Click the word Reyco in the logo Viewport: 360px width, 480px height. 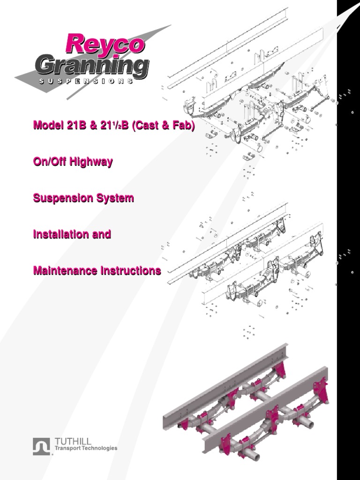point(105,44)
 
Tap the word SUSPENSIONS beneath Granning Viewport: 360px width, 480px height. point(86,81)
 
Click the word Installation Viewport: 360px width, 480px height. point(61,234)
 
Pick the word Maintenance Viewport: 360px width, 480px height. point(63,270)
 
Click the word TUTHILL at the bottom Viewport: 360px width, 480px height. point(73,442)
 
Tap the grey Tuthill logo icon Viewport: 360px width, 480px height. point(41,446)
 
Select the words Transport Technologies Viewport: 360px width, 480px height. point(86,449)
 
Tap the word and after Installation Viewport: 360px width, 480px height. point(102,234)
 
